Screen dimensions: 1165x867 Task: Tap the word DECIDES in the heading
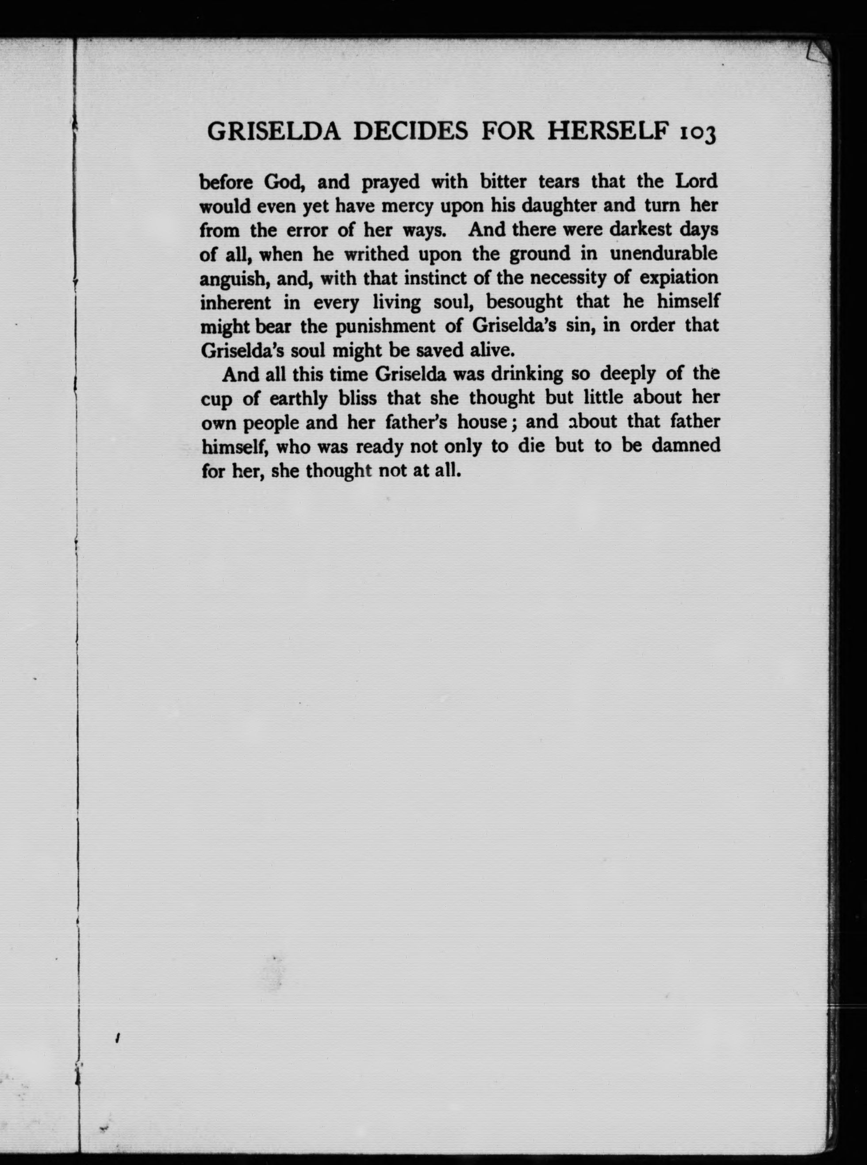coord(411,131)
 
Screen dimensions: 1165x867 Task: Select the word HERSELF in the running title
coord(608,131)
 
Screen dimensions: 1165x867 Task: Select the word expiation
coord(679,278)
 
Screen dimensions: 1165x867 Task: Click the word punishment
coord(385,326)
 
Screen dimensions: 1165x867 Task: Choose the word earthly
coord(298,399)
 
